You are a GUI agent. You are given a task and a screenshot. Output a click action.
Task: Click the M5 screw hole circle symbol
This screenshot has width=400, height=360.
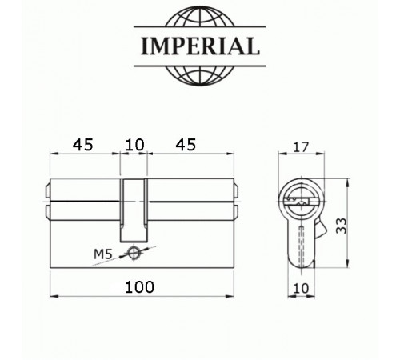pyautogui.click(x=134, y=254)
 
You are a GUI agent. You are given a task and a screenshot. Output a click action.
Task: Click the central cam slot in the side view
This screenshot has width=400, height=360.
pyautogui.click(x=135, y=208)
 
